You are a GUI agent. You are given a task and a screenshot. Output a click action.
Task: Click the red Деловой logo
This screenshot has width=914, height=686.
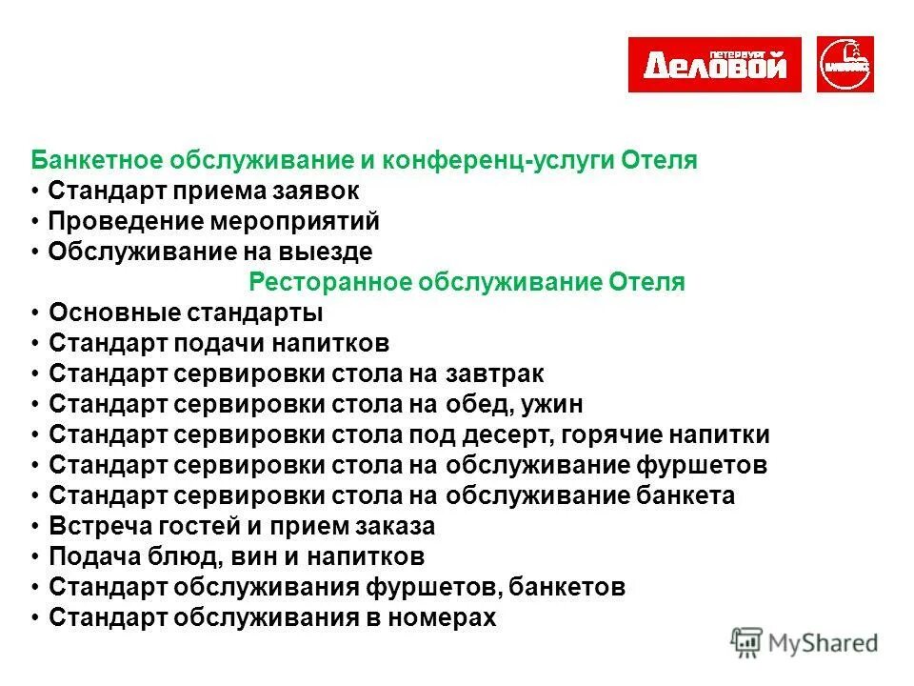pyautogui.click(x=714, y=65)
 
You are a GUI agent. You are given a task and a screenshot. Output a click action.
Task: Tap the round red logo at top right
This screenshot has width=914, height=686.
pyautogui.click(x=845, y=65)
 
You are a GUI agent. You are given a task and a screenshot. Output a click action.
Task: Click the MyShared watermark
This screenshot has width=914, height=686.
pyautogui.click(x=805, y=642)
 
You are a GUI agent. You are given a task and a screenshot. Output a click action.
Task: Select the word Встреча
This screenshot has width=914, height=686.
pyautogui.click(x=91, y=526)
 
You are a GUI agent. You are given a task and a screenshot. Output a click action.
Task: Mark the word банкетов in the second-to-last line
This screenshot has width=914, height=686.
pyautogui.click(x=573, y=587)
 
